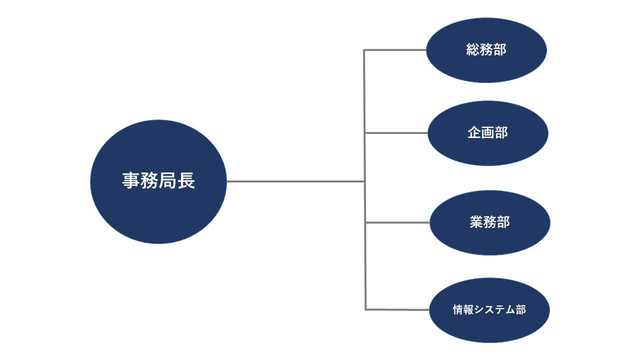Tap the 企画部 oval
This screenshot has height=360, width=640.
tap(488, 150)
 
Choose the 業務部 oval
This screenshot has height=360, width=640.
tap(490, 240)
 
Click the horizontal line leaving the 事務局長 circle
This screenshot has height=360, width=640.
tap(295, 181)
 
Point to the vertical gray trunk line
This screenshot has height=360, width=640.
tap(365, 250)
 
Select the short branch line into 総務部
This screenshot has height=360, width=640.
tap(395, 50)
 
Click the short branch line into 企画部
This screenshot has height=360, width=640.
tap(396, 133)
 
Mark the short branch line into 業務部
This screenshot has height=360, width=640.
tap(397, 222)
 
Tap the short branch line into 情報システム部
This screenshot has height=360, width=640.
tap(397, 309)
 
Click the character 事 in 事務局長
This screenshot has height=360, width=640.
tap(131, 181)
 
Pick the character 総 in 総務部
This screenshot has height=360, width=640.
tap(472, 50)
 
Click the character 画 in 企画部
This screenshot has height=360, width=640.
tap(488, 132)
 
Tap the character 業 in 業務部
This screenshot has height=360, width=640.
tap(476, 222)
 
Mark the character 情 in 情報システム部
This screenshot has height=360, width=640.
tap(458, 310)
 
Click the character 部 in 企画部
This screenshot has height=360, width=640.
tap(501, 132)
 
